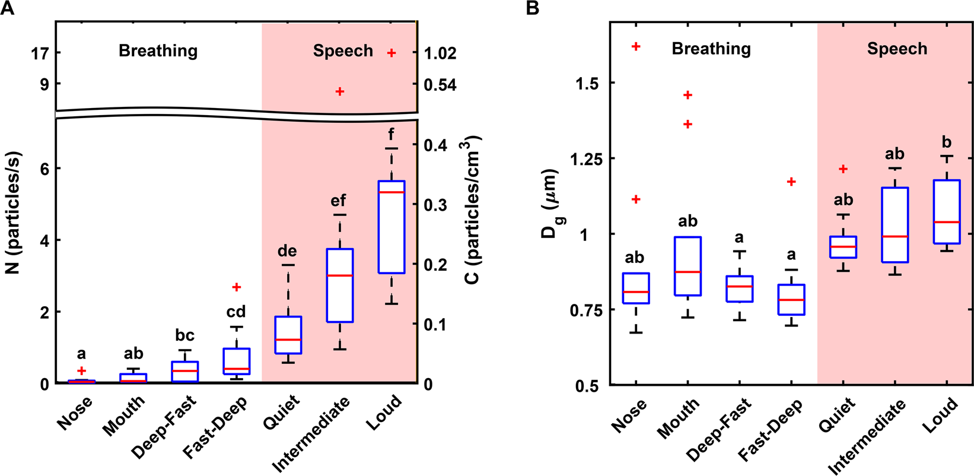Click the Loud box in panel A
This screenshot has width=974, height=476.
coord(391,227)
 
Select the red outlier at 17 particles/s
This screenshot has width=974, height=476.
coord(391,53)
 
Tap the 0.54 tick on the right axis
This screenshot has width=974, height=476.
coord(440,85)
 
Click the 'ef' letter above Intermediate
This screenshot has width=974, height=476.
coord(338,201)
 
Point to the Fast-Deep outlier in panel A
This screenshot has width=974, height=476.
coord(237,287)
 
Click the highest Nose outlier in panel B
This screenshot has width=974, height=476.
coord(636,46)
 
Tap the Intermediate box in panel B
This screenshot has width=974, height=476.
coord(895,225)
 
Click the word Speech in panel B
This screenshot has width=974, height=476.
coord(897,49)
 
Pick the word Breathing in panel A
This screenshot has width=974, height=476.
coord(158,51)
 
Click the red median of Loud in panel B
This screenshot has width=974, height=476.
coord(947,222)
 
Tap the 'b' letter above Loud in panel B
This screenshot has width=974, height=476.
coord(947,142)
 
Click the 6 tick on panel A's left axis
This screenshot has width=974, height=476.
coord(44,169)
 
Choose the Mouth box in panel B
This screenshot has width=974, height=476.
coord(688,266)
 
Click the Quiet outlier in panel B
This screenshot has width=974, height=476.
coord(843,169)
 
